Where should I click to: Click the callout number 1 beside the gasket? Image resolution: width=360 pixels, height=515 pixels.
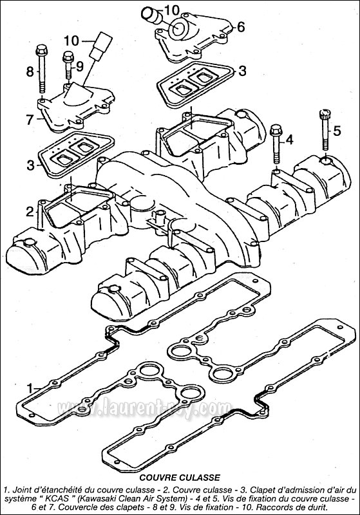coord(30,389)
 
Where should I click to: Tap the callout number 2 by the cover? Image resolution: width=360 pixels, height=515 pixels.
coord(30,212)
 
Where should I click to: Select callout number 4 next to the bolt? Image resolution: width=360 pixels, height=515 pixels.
coord(289,140)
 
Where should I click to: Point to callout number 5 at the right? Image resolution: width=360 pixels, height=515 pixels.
coord(337,131)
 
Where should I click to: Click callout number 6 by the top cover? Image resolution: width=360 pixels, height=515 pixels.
coord(241,27)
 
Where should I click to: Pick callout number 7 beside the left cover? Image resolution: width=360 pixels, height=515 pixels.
coord(30,120)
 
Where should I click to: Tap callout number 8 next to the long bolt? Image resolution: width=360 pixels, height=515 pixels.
coord(30,71)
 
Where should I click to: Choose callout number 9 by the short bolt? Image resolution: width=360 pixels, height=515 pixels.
coord(80,67)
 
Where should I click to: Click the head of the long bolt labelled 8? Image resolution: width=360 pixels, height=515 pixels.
coord(41,50)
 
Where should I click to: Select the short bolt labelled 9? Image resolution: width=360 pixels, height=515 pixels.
coord(68,65)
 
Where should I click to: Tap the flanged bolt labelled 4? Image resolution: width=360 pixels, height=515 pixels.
coord(276,144)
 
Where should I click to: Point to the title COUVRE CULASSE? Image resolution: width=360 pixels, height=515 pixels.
coord(180,477)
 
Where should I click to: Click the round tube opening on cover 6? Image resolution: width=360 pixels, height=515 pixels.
coord(179,28)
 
